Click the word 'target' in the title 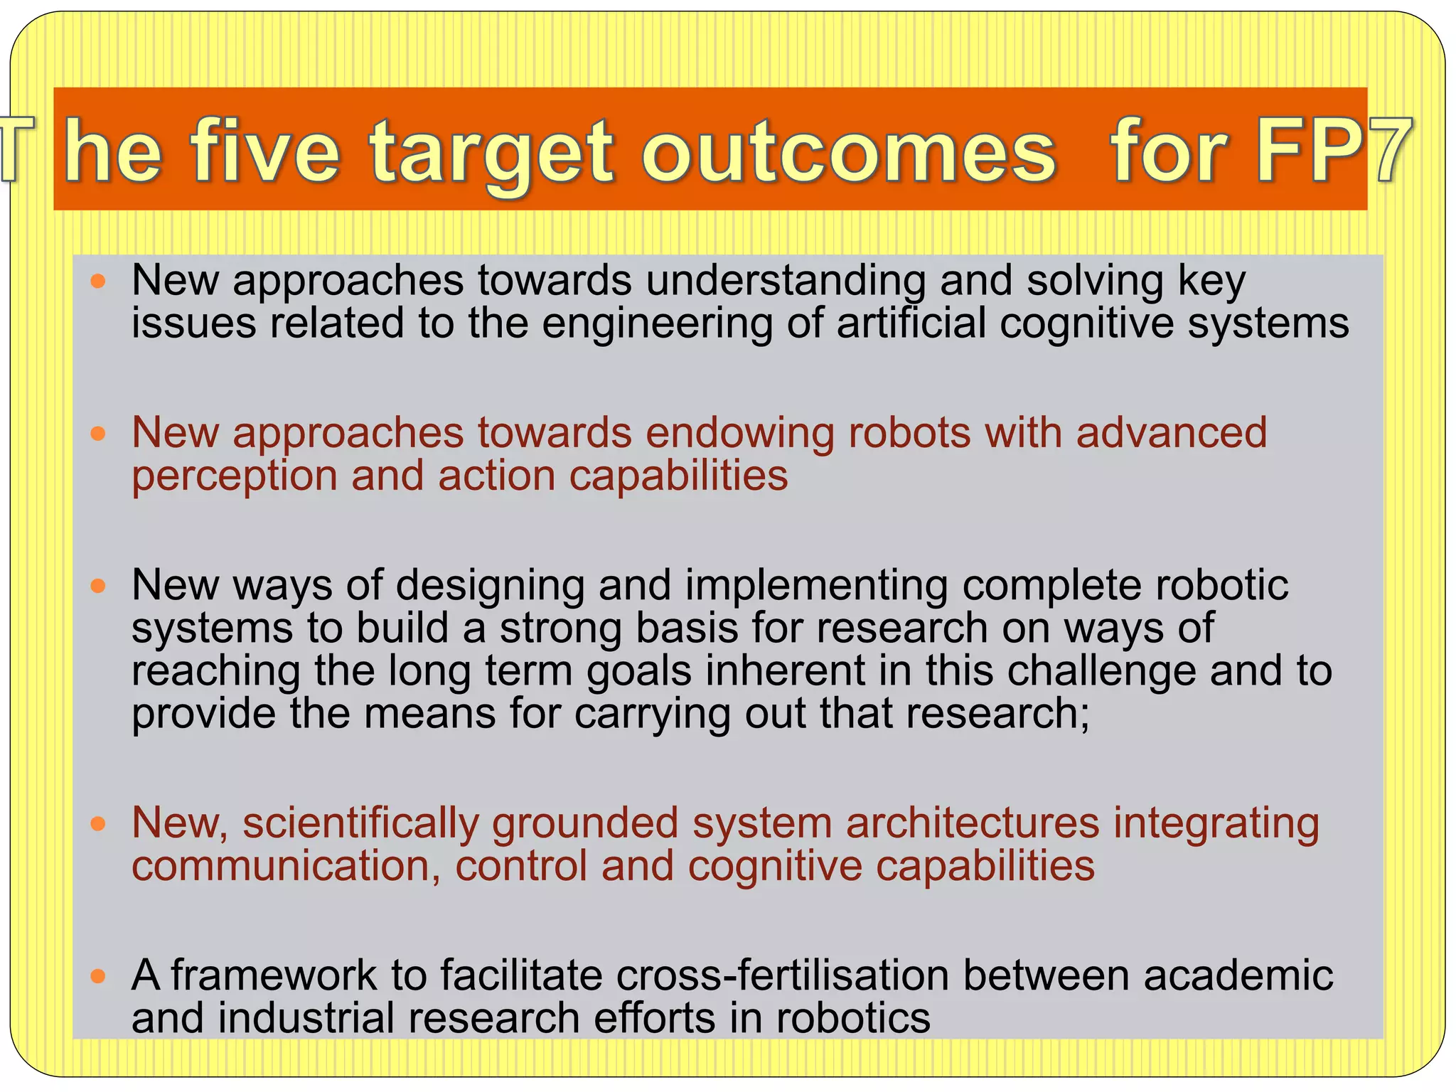coord(491,153)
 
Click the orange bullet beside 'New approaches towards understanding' coord(99,282)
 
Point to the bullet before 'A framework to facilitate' coord(99,976)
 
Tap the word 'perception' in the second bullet coord(235,476)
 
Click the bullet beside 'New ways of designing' coord(99,587)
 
